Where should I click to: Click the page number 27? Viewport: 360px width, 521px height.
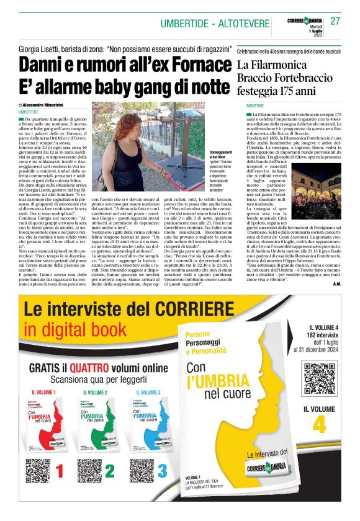[x=335, y=21]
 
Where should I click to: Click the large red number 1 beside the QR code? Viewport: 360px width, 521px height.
[x=60, y=471]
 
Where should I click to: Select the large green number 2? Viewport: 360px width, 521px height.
[x=110, y=471]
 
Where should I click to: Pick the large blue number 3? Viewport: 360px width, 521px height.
[x=161, y=471]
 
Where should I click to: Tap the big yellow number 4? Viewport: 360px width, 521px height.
[x=319, y=424]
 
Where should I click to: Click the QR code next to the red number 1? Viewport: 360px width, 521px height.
[x=37, y=471]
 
